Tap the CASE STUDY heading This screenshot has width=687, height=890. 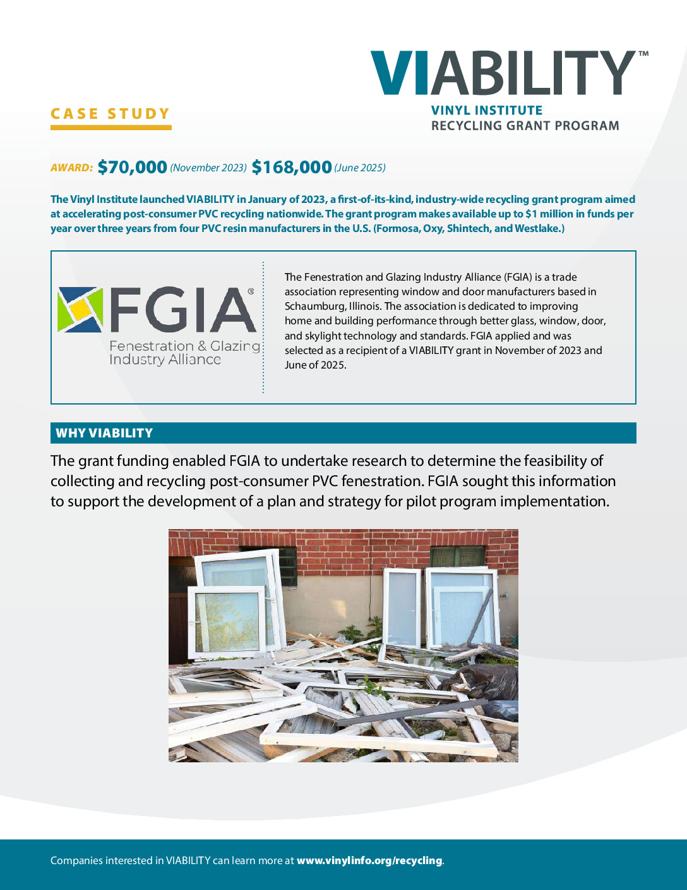click(x=111, y=114)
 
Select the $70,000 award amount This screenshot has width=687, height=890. click(x=132, y=167)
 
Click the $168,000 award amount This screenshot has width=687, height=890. click(x=292, y=167)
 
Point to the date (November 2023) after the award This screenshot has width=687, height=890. click(x=208, y=168)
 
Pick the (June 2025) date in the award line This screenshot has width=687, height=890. click(x=360, y=168)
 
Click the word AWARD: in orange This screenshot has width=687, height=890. click(x=72, y=168)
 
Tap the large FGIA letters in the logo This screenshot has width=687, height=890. click(x=183, y=310)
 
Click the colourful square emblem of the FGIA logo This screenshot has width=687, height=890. click(x=80, y=310)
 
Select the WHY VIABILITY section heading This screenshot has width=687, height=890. click(x=104, y=433)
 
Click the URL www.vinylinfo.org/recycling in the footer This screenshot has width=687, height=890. click(x=369, y=860)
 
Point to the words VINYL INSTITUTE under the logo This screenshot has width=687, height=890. click(x=487, y=111)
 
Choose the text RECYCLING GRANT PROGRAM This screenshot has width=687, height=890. click(x=525, y=126)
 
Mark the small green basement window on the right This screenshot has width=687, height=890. click(x=457, y=557)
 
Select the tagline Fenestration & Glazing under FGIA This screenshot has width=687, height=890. click(x=184, y=346)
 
